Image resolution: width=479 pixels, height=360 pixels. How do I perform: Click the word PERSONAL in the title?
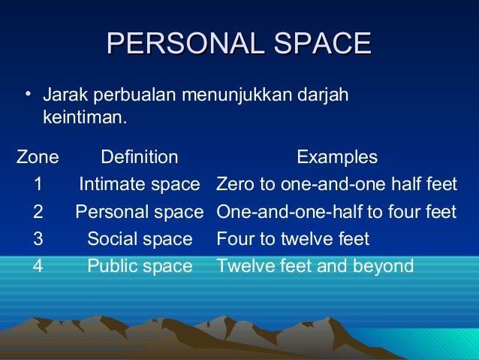pyautogui.click(x=185, y=44)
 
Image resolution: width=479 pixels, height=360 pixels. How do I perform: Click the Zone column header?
pyautogui.click(x=38, y=157)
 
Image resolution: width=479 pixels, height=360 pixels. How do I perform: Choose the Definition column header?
pyautogui.click(x=140, y=157)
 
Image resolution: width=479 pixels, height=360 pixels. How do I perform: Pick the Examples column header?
pyautogui.click(x=337, y=157)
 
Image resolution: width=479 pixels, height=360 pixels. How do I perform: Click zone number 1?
pyautogui.click(x=38, y=184)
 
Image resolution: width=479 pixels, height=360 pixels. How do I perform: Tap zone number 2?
pyautogui.click(x=38, y=212)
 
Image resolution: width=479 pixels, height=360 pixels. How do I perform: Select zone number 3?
pyautogui.click(x=38, y=239)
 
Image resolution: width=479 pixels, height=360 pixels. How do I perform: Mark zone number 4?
pyautogui.click(x=38, y=266)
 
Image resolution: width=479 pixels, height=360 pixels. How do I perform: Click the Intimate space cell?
pyautogui.click(x=140, y=184)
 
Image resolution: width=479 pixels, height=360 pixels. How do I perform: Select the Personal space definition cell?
pyautogui.click(x=140, y=212)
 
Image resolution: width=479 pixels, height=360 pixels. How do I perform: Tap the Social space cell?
pyautogui.click(x=140, y=239)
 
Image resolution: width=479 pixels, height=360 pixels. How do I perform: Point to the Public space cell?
pyautogui.click(x=140, y=266)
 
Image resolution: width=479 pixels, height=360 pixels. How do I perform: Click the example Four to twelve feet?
pyautogui.click(x=293, y=239)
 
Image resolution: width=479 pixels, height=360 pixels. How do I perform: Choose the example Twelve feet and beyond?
pyautogui.click(x=315, y=266)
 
